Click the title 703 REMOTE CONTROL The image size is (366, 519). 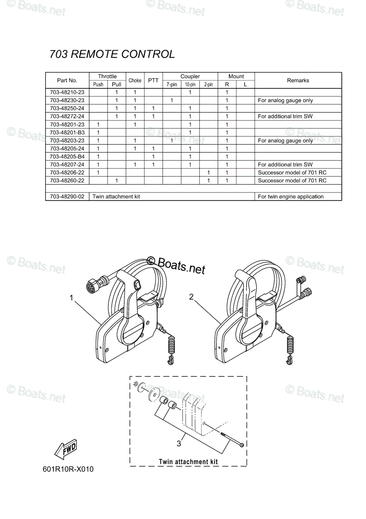pos(112,54)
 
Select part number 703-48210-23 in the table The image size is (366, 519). pos(67,92)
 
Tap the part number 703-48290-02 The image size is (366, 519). pos(67,196)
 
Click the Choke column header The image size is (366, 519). pos(135,80)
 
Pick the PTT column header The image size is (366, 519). pos(153,80)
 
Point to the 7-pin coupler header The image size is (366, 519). pos(172,84)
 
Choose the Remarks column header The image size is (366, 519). pos(298,80)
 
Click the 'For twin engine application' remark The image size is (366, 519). pos(290,196)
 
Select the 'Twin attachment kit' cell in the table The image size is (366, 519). pos(116,196)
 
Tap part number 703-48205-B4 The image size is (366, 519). pos(67,157)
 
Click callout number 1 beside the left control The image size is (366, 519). pos(71,298)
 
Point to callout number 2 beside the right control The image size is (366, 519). pos(191,297)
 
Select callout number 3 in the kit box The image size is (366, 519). pos(179,443)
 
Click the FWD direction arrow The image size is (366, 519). pos(66,449)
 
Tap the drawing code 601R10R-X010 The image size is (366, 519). pos(68,469)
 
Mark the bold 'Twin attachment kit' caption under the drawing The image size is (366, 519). pos(188,461)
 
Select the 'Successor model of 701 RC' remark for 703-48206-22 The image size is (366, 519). pos(292,173)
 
